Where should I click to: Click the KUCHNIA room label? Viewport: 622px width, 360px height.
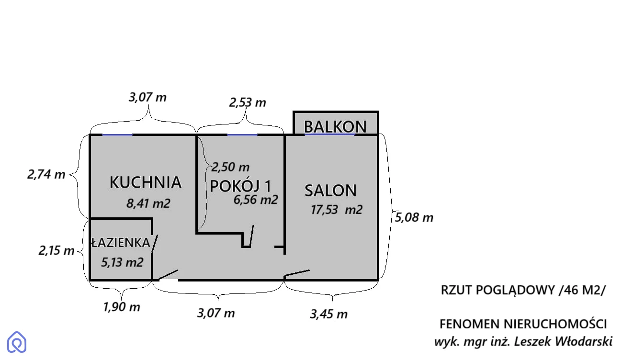pyautogui.click(x=146, y=182)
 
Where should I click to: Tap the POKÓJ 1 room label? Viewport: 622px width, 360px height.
pyautogui.click(x=240, y=186)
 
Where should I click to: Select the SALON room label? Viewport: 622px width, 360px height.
pyautogui.click(x=330, y=191)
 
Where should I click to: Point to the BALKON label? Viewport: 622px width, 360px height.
pyautogui.click(x=335, y=126)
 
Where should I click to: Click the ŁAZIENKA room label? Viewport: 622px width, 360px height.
pyautogui.click(x=121, y=243)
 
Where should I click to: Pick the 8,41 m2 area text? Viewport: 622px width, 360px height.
pyautogui.click(x=148, y=203)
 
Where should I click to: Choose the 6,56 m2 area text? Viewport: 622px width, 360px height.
pyautogui.click(x=256, y=200)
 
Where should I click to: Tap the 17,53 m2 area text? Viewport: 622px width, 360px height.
pyautogui.click(x=336, y=210)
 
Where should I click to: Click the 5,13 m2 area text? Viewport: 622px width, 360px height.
pyautogui.click(x=122, y=262)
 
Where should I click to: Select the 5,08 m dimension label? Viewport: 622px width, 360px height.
pyautogui.click(x=414, y=217)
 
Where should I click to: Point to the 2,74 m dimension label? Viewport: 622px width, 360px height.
pyautogui.click(x=46, y=174)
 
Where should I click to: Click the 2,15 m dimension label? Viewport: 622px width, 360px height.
pyautogui.click(x=57, y=251)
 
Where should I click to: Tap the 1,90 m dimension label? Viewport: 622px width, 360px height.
pyautogui.click(x=121, y=307)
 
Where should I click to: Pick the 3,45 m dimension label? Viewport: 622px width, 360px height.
pyautogui.click(x=328, y=314)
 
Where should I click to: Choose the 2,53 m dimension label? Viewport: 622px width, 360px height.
pyautogui.click(x=248, y=103)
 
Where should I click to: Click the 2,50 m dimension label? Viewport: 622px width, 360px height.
pyautogui.click(x=230, y=167)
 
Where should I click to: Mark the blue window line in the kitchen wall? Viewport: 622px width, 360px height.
pyautogui.click(x=117, y=135)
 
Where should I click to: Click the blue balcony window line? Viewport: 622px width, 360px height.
pyautogui.click(x=330, y=135)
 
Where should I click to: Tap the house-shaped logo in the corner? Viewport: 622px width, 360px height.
pyautogui.click(x=17, y=342)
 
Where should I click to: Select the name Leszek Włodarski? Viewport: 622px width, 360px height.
pyautogui.click(x=563, y=341)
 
